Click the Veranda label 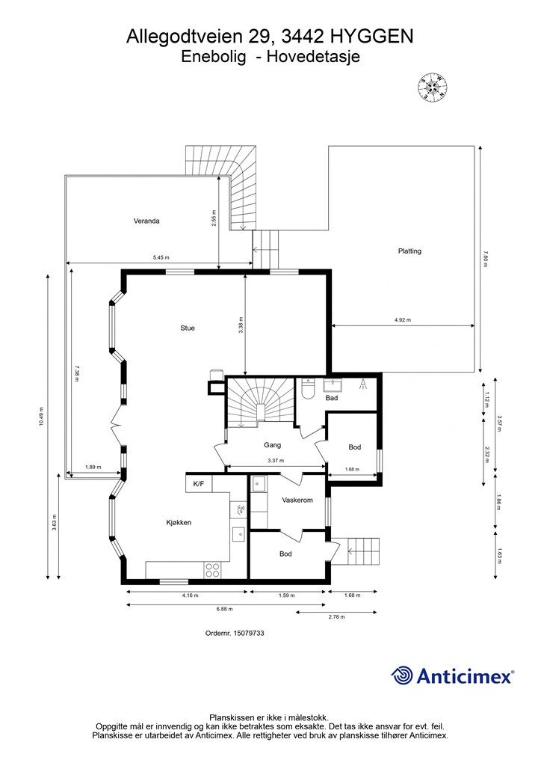point(146,221)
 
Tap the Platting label point(409,251)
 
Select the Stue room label point(188,328)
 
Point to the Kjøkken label point(179,523)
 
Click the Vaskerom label point(297,500)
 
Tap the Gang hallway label point(272,445)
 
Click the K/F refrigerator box point(199,484)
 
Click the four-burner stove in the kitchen point(212,569)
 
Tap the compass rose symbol point(432,88)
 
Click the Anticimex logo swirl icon point(402,675)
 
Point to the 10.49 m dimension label point(41,417)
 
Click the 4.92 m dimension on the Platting point(403,320)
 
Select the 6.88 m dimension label point(224,609)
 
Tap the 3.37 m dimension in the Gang point(276,460)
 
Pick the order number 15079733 point(249,633)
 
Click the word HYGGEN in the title point(371,37)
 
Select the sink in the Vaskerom point(258,484)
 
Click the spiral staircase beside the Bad point(260,402)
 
